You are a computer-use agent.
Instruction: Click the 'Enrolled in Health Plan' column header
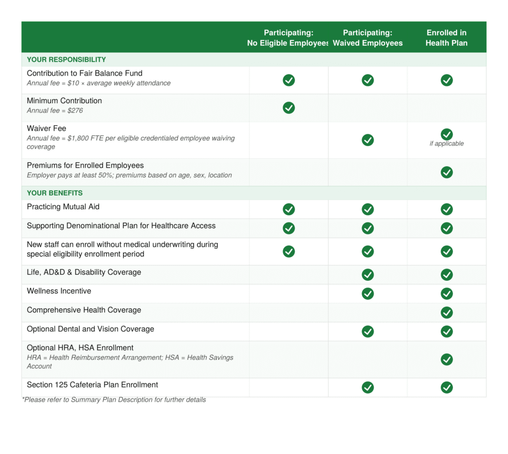point(446,38)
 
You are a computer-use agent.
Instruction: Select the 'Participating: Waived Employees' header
point(368,38)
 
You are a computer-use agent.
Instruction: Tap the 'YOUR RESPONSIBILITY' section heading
point(66,60)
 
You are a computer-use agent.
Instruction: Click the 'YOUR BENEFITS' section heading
point(55,193)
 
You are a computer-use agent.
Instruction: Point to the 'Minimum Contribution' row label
point(64,101)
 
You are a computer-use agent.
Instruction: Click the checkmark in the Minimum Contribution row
point(289,108)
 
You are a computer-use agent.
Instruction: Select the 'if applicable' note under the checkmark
point(446,144)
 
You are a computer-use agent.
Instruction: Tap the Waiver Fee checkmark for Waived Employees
point(368,140)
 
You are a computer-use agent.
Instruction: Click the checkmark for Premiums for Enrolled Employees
point(446,172)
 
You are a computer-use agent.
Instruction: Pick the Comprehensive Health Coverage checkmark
point(446,313)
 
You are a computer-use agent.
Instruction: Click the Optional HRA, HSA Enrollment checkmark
point(446,359)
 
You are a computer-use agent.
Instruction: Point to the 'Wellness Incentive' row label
point(59,291)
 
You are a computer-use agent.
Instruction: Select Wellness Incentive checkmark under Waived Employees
point(368,294)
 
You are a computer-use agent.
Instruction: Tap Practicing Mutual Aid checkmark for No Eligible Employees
point(289,209)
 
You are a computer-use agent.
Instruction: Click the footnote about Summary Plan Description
point(114,400)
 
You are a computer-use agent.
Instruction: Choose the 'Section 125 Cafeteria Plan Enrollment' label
point(92,385)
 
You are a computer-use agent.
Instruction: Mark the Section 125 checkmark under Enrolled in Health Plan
point(446,388)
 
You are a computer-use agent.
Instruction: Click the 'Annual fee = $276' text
point(55,111)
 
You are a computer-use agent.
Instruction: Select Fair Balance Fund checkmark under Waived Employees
point(368,80)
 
